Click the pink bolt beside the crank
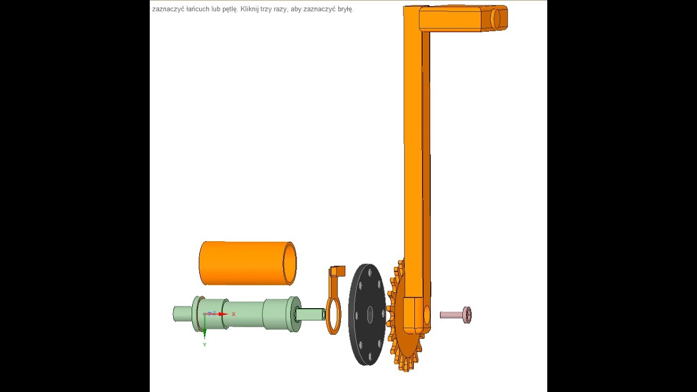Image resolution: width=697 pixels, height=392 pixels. [456, 315]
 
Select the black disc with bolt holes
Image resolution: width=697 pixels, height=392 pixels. [367, 314]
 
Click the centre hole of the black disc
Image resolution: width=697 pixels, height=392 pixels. [370, 315]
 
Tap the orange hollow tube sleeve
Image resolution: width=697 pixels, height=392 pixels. [248, 263]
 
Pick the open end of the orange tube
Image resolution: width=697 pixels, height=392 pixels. [290, 264]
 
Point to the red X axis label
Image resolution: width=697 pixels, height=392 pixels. [234, 314]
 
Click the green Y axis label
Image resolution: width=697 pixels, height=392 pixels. [204, 345]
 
